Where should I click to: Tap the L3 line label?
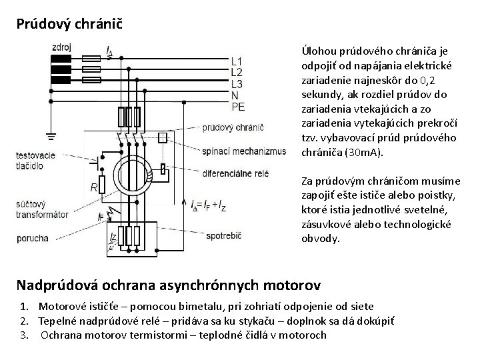click(x=237, y=83)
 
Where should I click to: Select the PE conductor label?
click(x=238, y=106)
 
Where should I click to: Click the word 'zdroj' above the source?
click(x=62, y=47)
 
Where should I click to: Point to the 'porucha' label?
click(x=33, y=237)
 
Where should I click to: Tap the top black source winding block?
click(x=61, y=57)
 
